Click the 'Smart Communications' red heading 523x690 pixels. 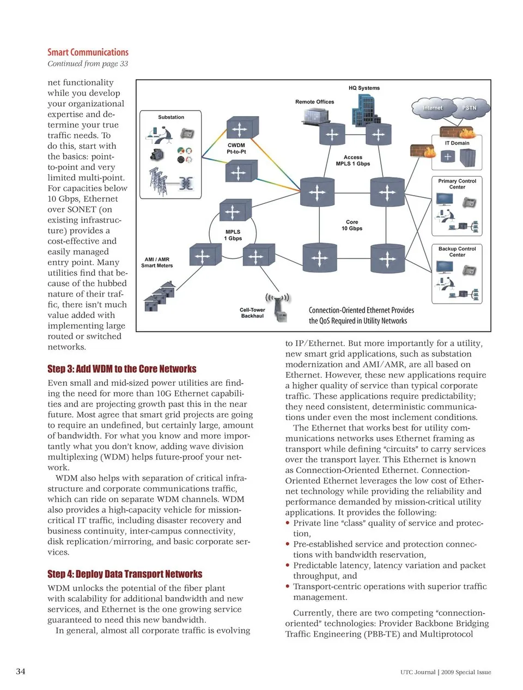click(x=88, y=52)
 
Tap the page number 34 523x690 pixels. click(x=20, y=671)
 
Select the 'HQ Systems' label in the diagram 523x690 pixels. click(x=364, y=88)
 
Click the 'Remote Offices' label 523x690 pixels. click(x=314, y=102)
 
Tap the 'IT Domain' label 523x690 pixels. click(x=457, y=143)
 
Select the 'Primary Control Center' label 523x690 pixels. click(x=457, y=184)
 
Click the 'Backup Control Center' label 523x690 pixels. click(x=457, y=252)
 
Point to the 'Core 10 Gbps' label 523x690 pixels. click(x=352, y=225)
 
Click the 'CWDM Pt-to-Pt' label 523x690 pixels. click(x=236, y=148)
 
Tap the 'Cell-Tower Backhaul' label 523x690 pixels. click(x=252, y=313)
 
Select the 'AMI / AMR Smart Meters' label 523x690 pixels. click(x=157, y=263)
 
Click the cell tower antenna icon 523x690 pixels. click(x=279, y=308)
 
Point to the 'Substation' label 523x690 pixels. click(x=171, y=117)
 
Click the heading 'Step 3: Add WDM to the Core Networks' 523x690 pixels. click(x=122, y=369)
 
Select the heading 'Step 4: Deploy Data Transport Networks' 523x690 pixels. click(x=125, y=574)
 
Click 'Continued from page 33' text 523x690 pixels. click(x=88, y=64)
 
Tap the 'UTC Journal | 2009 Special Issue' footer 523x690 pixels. click(x=445, y=672)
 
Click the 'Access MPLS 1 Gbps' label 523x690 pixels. click(x=352, y=160)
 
